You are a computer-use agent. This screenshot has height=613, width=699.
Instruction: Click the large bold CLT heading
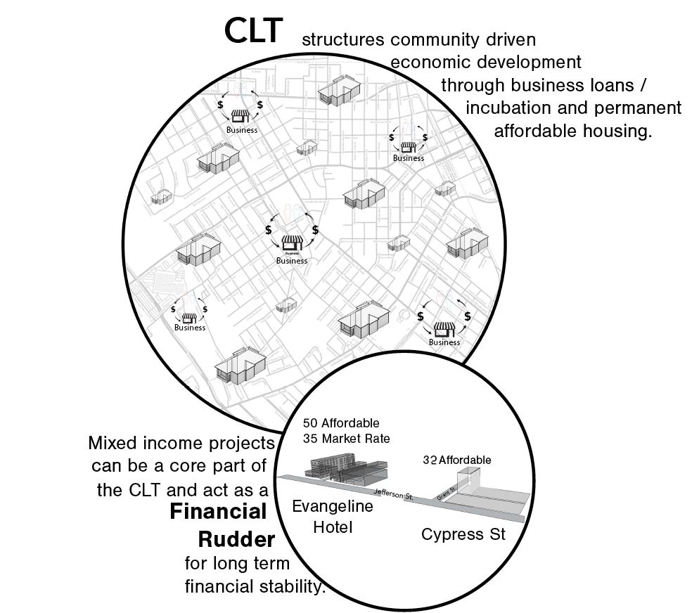(x=253, y=30)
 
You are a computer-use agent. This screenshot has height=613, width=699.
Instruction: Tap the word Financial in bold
(x=219, y=511)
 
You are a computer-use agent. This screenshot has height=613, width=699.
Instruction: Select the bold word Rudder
(x=236, y=540)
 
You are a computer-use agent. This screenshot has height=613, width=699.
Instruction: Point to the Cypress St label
(x=463, y=534)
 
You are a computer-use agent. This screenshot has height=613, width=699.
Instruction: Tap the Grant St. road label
(x=443, y=492)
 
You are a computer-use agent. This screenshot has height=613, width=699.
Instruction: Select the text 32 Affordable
(x=456, y=460)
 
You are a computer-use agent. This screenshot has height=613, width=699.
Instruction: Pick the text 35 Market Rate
(x=346, y=439)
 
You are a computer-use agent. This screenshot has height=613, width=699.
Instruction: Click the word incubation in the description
(x=505, y=108)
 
